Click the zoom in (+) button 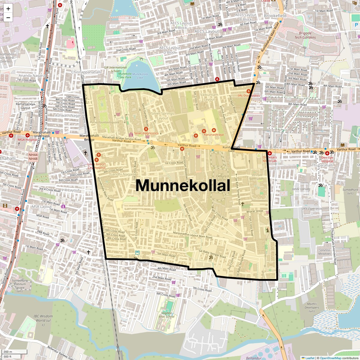8,9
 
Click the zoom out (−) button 8,17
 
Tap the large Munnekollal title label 183,185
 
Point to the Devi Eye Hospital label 327,159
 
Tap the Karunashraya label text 214,135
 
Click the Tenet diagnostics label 146,133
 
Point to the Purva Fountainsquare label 104,122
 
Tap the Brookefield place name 275,16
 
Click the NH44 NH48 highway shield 33,157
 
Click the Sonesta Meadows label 325,252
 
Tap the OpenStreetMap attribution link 330,358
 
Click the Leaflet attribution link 310,358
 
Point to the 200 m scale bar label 8,352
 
